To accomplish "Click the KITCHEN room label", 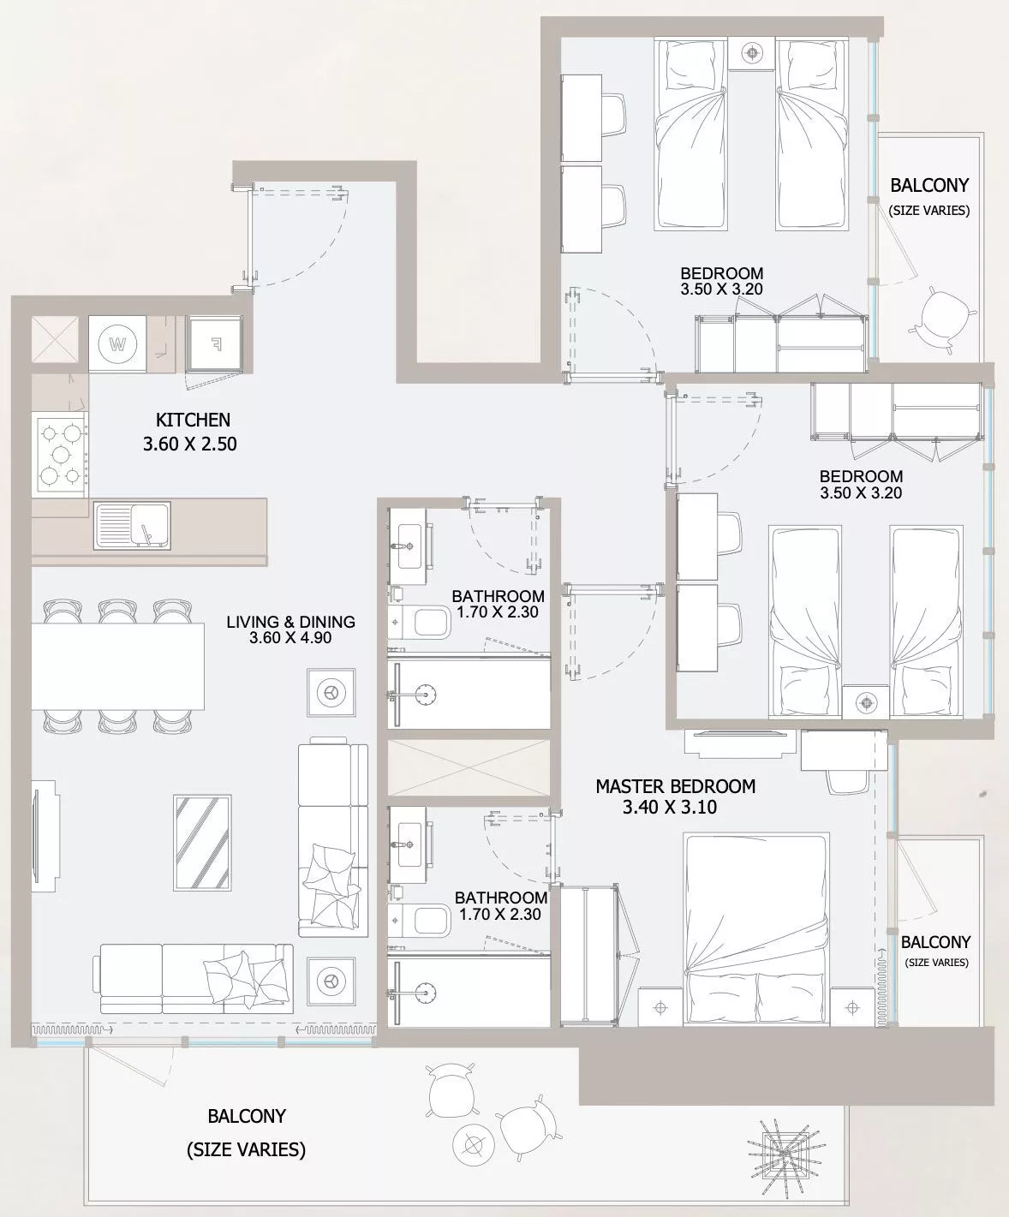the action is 193,420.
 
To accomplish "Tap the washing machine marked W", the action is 117,343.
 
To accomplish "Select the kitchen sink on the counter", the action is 132,525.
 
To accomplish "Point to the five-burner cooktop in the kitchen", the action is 60,455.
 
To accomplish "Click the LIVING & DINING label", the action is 291,621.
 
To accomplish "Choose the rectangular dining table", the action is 117,666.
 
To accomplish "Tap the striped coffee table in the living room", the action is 202,843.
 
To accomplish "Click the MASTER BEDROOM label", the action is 676,786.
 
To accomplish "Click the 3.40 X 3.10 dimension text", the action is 670,808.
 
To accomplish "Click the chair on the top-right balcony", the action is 942,320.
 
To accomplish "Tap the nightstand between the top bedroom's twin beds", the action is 751,54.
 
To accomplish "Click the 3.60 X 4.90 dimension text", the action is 290,638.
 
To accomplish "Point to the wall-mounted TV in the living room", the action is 45,837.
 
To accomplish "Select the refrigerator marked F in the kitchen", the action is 214,344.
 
